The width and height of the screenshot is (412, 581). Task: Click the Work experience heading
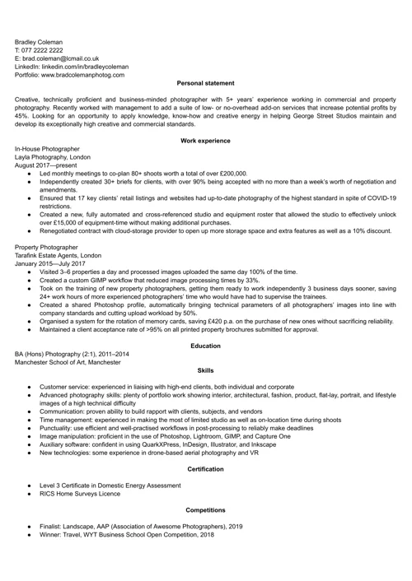pyautogui.click(x=205, y=141)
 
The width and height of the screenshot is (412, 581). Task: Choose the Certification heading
pyautogui.click(x=205, y=467)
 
